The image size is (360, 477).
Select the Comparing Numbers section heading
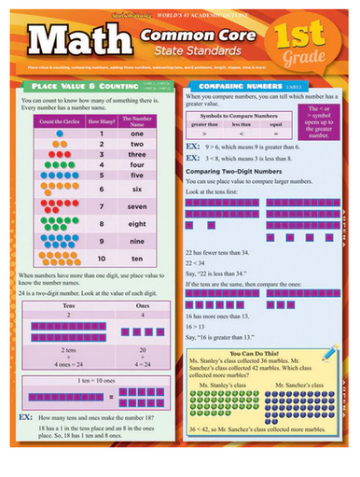229,85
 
